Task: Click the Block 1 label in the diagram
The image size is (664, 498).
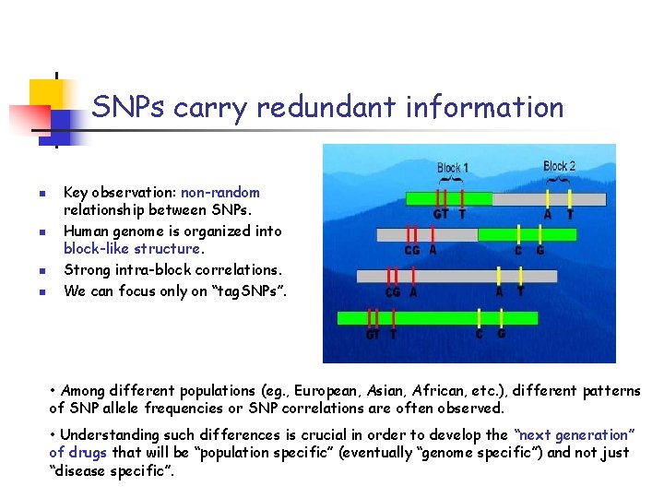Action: tap(452, 168)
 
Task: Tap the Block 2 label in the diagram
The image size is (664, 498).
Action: tap(559, 167)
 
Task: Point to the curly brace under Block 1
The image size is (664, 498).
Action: tap(452, 182)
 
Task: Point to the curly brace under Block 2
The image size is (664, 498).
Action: tap(559, 180)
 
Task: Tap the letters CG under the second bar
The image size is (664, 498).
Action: tap(413, 250)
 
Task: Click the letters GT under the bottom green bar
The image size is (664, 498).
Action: tap(373, 335)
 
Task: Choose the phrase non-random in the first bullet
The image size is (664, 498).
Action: tap(220, 193)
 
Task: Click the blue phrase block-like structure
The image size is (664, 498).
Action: tap(132, 249)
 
